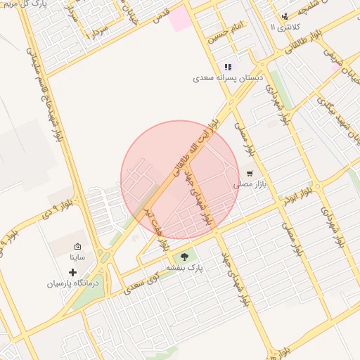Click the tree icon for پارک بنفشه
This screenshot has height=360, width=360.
point(185,257)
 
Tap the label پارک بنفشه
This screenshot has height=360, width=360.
point(185,269)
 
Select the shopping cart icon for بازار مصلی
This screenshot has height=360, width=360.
point(249,173)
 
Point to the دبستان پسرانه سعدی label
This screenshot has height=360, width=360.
point(229,78)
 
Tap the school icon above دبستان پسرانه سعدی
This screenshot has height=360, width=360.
point(227,67)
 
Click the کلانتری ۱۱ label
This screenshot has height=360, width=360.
point(285,27)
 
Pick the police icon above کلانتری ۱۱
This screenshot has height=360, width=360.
point(284,16)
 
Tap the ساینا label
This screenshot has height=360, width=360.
point(77,258)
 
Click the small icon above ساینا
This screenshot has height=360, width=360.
point(77,247)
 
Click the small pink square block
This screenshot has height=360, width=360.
point(181,18)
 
